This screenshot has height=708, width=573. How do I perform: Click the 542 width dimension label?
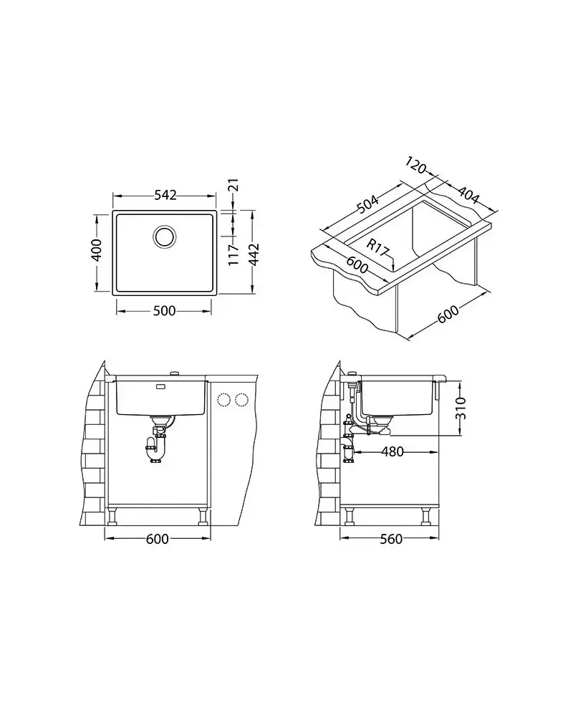tap(165, 195)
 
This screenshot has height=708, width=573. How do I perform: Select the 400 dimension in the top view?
tap(97, 249)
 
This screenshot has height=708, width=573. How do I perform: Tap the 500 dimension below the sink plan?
tap(164, 311)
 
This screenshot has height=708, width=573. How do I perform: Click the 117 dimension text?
tap(233, 255)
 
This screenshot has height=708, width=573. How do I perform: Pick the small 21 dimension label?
tap(234, 186)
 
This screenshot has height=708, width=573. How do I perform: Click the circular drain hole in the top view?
tap(164, 236)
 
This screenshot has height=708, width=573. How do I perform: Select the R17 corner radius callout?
tap(377, 247)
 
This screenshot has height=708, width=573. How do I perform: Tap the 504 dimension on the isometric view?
tap(367, 204)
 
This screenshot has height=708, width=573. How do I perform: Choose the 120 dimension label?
tap(415, 166)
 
